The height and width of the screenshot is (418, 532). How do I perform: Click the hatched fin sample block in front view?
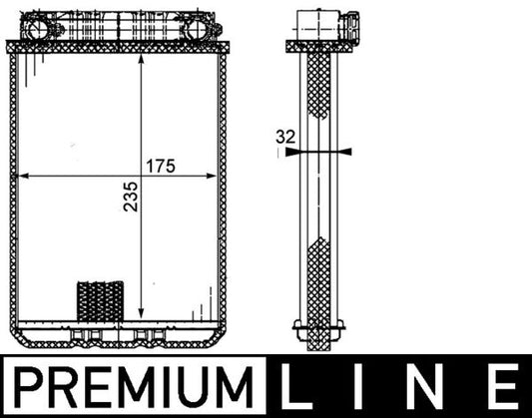99,298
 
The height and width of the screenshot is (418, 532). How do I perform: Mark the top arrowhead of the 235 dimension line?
145,55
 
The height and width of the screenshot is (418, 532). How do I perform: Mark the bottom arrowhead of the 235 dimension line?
145,314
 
